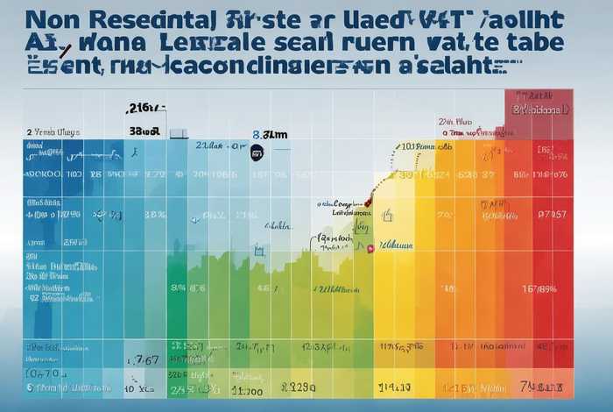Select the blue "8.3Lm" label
tap(270, 136)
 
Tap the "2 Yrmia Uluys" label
tap(53, 131)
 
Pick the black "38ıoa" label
tap(144, 131)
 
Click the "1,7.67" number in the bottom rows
tap(142, 359)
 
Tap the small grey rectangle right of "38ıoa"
tap(178, 133)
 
